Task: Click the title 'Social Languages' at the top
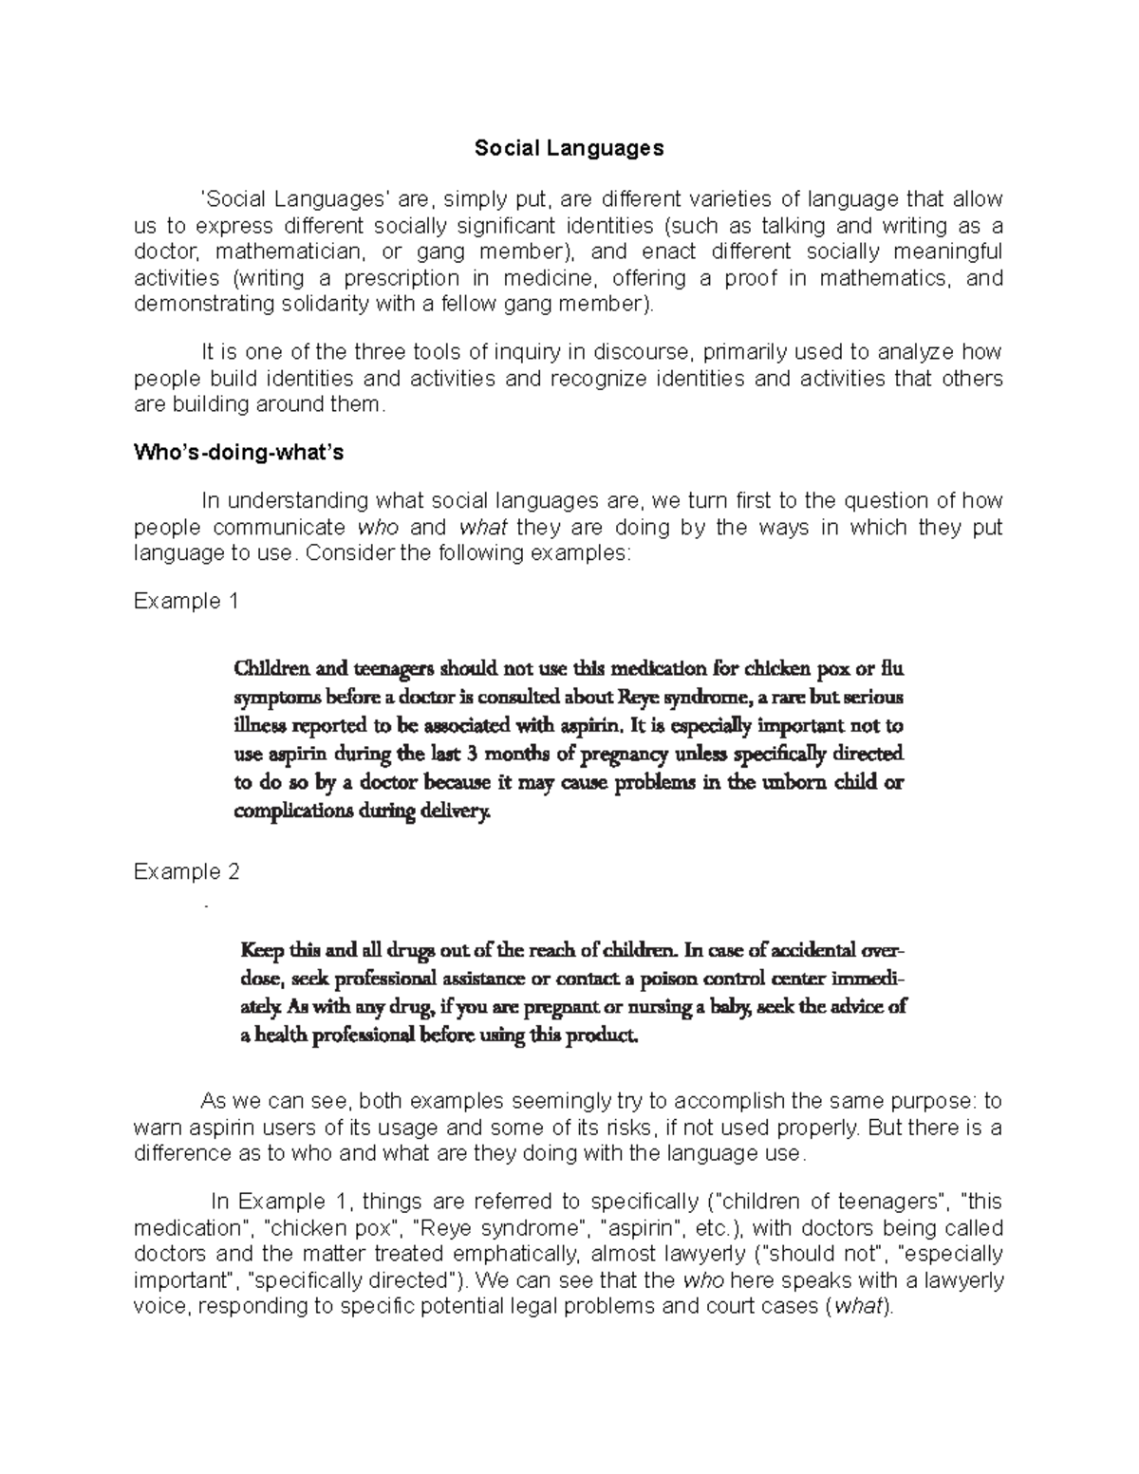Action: (x=569, y=148)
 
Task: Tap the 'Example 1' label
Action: (x=187, y=602)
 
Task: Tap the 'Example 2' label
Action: (x=187, y=871)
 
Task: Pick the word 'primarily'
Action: (x=743, y=352)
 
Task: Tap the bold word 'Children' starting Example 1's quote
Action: (x=271, y=668)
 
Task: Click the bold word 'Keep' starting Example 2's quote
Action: (x=262, y=950)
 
